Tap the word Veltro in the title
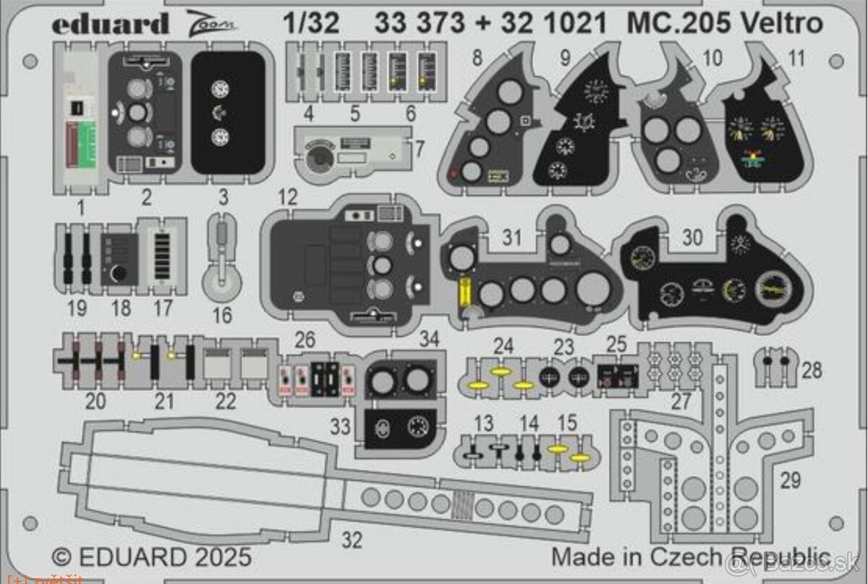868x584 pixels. coord(785,24)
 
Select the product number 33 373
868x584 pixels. coord(420,24)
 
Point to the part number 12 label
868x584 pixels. coord(287,197)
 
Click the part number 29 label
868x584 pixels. coord(791,479)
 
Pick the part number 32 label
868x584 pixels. coord(352,539)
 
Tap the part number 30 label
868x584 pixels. coord(692,237)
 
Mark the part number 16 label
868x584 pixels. coord(222,315)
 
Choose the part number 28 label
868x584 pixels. coord(812,371)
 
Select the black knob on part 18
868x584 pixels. coord(119,276)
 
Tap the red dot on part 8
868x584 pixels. coord(454,174)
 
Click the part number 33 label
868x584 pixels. coord(340,427)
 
